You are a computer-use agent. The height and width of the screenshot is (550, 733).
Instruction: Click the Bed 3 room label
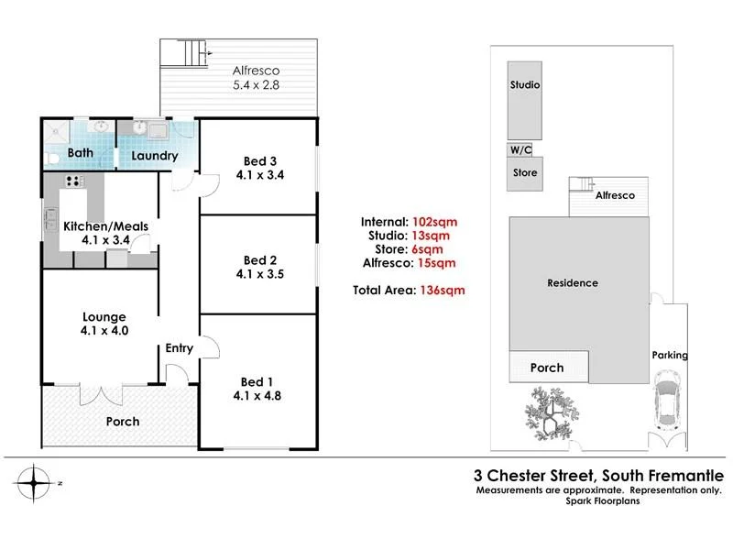(260, 161)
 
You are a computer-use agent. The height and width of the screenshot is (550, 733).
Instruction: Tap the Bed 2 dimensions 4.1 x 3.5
(260, 274)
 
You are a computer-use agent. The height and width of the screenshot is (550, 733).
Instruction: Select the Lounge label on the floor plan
(104, 317)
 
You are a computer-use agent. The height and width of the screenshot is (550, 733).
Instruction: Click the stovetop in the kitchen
(74, 181)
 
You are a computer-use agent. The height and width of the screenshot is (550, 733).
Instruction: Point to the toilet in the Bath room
(52, 158)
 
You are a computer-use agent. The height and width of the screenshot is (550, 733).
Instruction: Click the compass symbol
(34, 483)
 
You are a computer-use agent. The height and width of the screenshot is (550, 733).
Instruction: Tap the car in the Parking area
(668, 401)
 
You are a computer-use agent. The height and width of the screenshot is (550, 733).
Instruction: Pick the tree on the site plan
(552, 413)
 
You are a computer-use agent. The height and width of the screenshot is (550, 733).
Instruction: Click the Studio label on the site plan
(525, 84)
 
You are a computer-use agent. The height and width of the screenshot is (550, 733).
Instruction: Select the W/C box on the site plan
(520, 149)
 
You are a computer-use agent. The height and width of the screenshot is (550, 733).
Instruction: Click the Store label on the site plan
(525, 172)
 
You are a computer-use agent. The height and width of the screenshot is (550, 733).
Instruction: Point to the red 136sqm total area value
(443, 291)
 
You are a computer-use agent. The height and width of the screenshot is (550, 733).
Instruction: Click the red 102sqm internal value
(434, 222)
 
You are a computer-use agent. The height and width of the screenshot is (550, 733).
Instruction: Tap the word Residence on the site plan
(573, 283)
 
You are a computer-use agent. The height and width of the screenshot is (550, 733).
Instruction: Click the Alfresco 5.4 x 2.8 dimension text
(257, 85)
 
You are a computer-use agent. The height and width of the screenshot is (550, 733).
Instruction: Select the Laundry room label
(155, 156)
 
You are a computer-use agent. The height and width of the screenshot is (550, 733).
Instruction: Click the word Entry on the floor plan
(179, 348)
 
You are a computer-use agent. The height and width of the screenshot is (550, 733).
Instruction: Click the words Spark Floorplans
(603, 501)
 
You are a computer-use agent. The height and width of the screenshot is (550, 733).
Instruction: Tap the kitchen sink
(50, 220)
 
